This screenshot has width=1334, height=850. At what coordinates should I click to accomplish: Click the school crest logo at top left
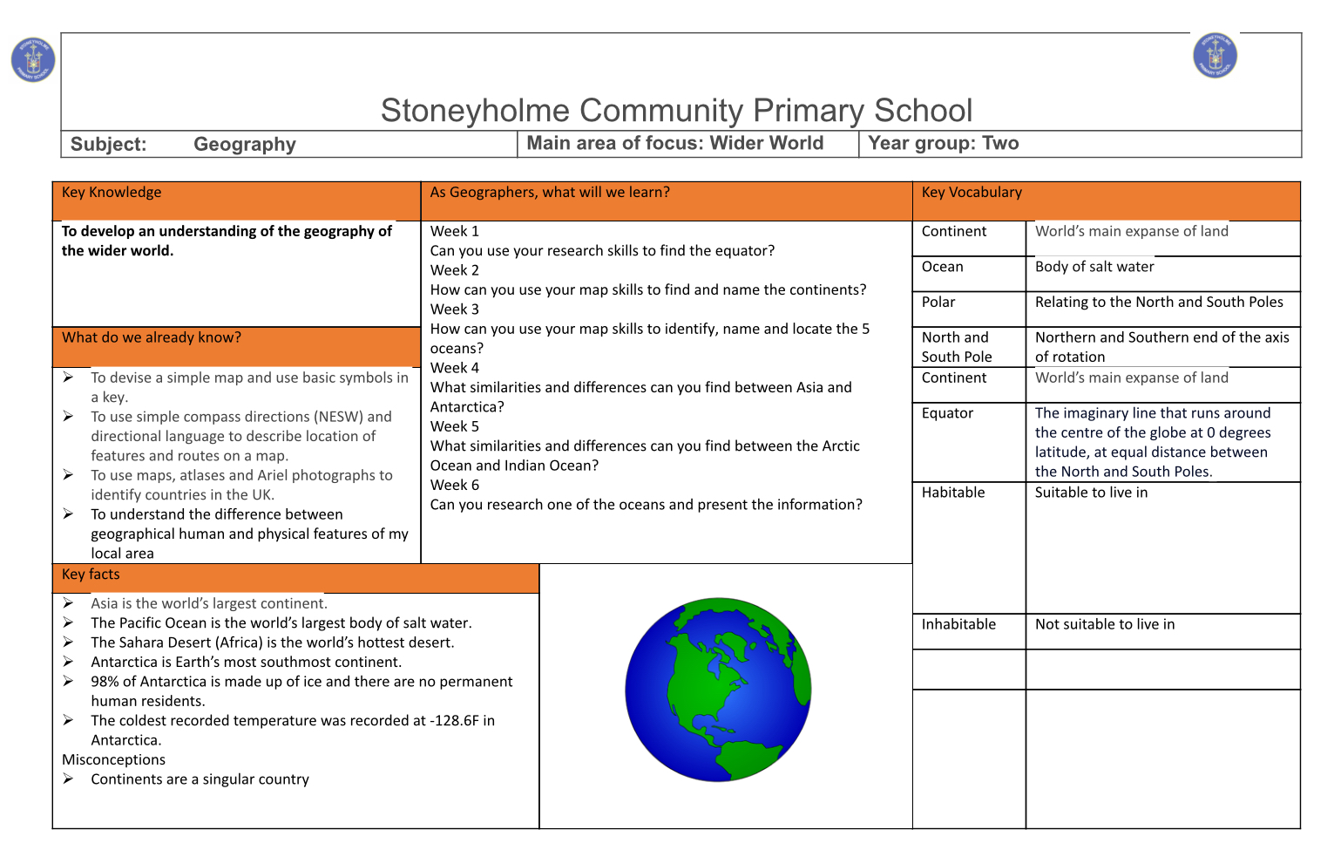pyautogui.click(x=33, y=60)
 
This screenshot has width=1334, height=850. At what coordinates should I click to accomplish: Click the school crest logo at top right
pyautogui.click(x=1215, y=56)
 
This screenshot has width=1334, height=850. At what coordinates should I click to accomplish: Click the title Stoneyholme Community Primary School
pyautogui.click(x=676, y=111)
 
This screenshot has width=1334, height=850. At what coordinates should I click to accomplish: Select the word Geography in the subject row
pyautogui.click(x=245, y=145)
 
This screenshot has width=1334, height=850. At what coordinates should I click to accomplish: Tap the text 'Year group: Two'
pyautogui.click(x=944, y=144)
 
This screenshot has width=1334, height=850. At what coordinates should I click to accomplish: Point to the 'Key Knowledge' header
pyautogui.click(x=112, y=193)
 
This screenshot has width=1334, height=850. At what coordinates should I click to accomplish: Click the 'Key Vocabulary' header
pyautogui.click(x=972, y=193)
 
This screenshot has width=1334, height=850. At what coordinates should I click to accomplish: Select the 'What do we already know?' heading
pyautogui.click(x=152, y=338)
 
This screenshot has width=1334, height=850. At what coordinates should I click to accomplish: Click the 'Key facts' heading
pyautogui.click(x=91, y=575)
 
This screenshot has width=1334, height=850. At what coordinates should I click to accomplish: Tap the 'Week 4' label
pyautogui.click(x=455, y=368)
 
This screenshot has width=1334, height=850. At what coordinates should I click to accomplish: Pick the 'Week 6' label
pyautogui.click(x=455, y=486)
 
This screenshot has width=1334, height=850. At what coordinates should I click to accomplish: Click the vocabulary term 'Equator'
pyautogui.click(x=947, y=413)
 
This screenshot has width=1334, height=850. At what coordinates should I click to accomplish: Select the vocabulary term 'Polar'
pyautogui.click(x=938, y=303)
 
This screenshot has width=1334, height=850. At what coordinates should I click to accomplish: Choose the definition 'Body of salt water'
pyautogui.click(x=1094, y=267)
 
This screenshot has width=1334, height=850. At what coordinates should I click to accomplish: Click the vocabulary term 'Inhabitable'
pyautogui.click(x=958, y=624)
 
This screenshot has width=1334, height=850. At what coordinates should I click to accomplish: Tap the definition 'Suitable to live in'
pyautogui.click(x=1091, y=493)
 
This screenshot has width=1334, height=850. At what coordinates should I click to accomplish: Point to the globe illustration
pyautogui.click(x=718, y=690)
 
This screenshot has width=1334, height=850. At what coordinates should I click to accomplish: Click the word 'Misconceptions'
pyautogui.click(x=113, y=760)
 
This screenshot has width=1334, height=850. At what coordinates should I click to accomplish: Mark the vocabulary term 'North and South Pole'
pyautogui.click(x=957, y=347)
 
